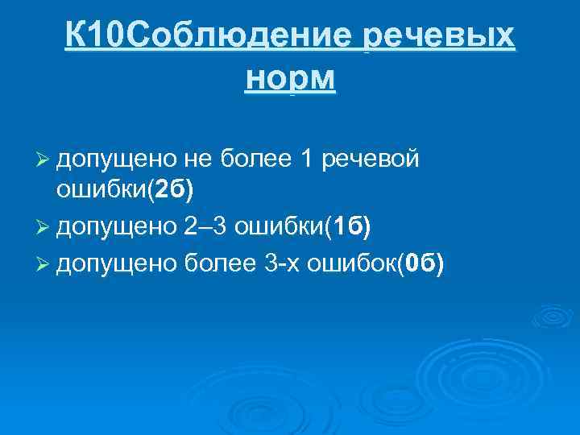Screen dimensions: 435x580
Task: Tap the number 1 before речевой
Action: pyautogui.click(x=306, y=159)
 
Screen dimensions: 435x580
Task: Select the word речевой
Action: pyautogui.click(x=370, y=159)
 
